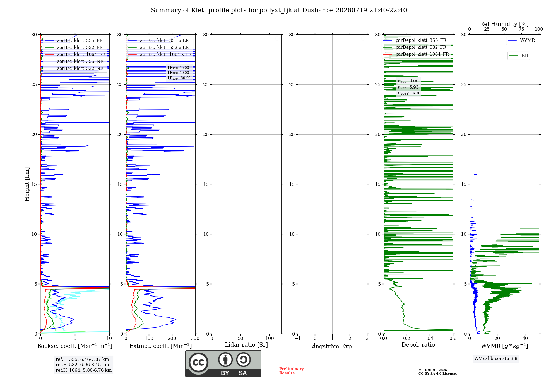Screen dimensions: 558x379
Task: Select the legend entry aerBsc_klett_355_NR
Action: click(x=74, y=61)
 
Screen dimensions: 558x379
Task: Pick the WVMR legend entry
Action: click(x=521, y=40)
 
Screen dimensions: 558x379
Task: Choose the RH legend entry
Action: click(x=518, y=55)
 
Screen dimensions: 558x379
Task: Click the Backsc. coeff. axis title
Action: click(x=75, y=346)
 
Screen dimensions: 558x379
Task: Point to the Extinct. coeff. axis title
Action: click(x=161, y=346)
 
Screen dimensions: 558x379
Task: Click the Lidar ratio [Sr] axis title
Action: click(x=246, y=345)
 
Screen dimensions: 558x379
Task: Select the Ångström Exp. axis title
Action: click(x=333, y=346)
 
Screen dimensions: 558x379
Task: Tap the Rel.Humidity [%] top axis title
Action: click(x=504, y=24)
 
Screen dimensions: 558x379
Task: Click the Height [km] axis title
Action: click(x=27, y=184)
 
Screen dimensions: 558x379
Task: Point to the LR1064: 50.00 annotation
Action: click(x=179, y=78)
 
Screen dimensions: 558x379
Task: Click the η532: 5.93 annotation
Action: click(x=408, y=87)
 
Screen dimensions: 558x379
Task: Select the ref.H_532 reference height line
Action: click(x=82, y=365)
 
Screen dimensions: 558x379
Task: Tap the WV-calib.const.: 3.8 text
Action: click(x=496, y=359)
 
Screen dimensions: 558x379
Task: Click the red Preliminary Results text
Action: click(x=292, y=371)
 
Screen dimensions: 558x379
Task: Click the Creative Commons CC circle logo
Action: click(x=198, y=363)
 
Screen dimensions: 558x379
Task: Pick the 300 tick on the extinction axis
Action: click(x=195, y=339)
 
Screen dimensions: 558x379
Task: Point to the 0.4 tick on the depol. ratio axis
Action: click(x=430, y=339)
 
